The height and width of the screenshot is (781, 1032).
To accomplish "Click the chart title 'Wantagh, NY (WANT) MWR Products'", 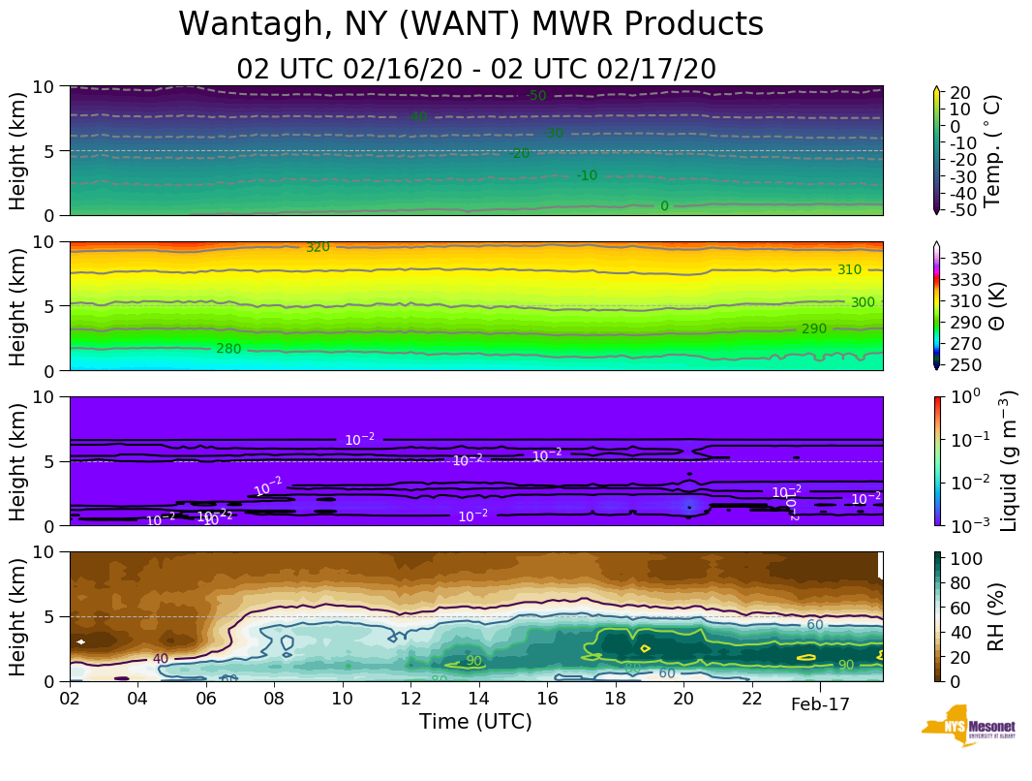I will pos(470,25).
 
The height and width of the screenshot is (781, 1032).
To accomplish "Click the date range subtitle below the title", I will pos(476,70).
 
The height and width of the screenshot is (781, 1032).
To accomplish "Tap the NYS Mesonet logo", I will pos(967,726).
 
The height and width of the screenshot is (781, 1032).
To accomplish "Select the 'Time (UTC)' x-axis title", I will pos(475,722).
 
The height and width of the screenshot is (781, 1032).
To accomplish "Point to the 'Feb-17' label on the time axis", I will pos(820,704).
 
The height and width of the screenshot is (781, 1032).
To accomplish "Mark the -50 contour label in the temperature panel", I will pos(535,95).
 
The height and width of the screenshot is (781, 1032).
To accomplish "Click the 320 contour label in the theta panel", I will pos(318,248).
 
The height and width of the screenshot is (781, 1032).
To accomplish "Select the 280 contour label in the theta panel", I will pos(228,349).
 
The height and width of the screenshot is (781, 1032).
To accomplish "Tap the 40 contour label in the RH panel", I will pos(160,659).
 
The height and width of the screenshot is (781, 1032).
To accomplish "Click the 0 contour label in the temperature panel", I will pos(664,206).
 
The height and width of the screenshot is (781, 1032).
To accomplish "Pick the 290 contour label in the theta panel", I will pos(814,329).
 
